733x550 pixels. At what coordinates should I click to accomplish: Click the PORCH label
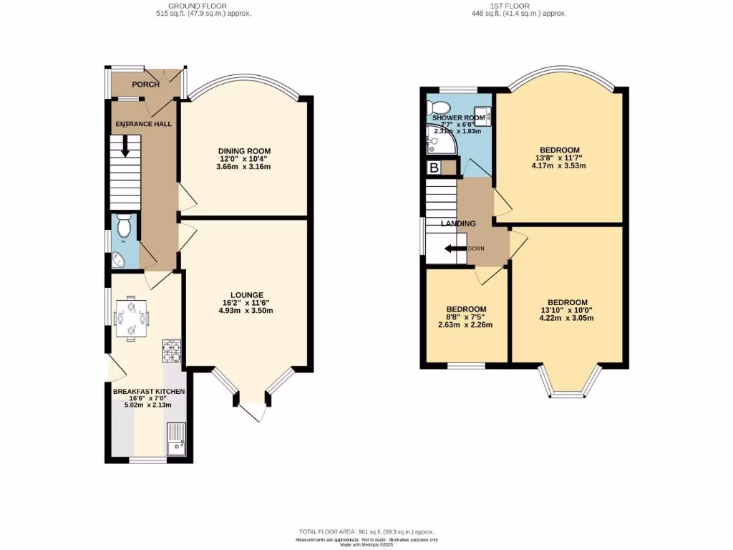click(145, 85)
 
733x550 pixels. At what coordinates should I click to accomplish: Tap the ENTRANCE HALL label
click(144, 124)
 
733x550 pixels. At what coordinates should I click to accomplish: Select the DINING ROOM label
click(245, 150)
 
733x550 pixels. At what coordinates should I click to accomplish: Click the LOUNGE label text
click(247, 294)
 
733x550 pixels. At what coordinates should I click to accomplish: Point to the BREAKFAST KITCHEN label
click(149, 392)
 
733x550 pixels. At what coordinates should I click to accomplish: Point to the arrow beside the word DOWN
click(453, 249)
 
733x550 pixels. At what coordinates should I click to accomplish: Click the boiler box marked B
click(433, 168)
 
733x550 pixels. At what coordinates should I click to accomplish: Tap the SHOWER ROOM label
click(455, 118)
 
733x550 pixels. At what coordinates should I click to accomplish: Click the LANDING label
click(458, 223)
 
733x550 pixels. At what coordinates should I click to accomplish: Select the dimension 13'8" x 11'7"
click(559, 158)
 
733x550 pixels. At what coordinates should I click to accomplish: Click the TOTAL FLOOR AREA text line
click(366, 531)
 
